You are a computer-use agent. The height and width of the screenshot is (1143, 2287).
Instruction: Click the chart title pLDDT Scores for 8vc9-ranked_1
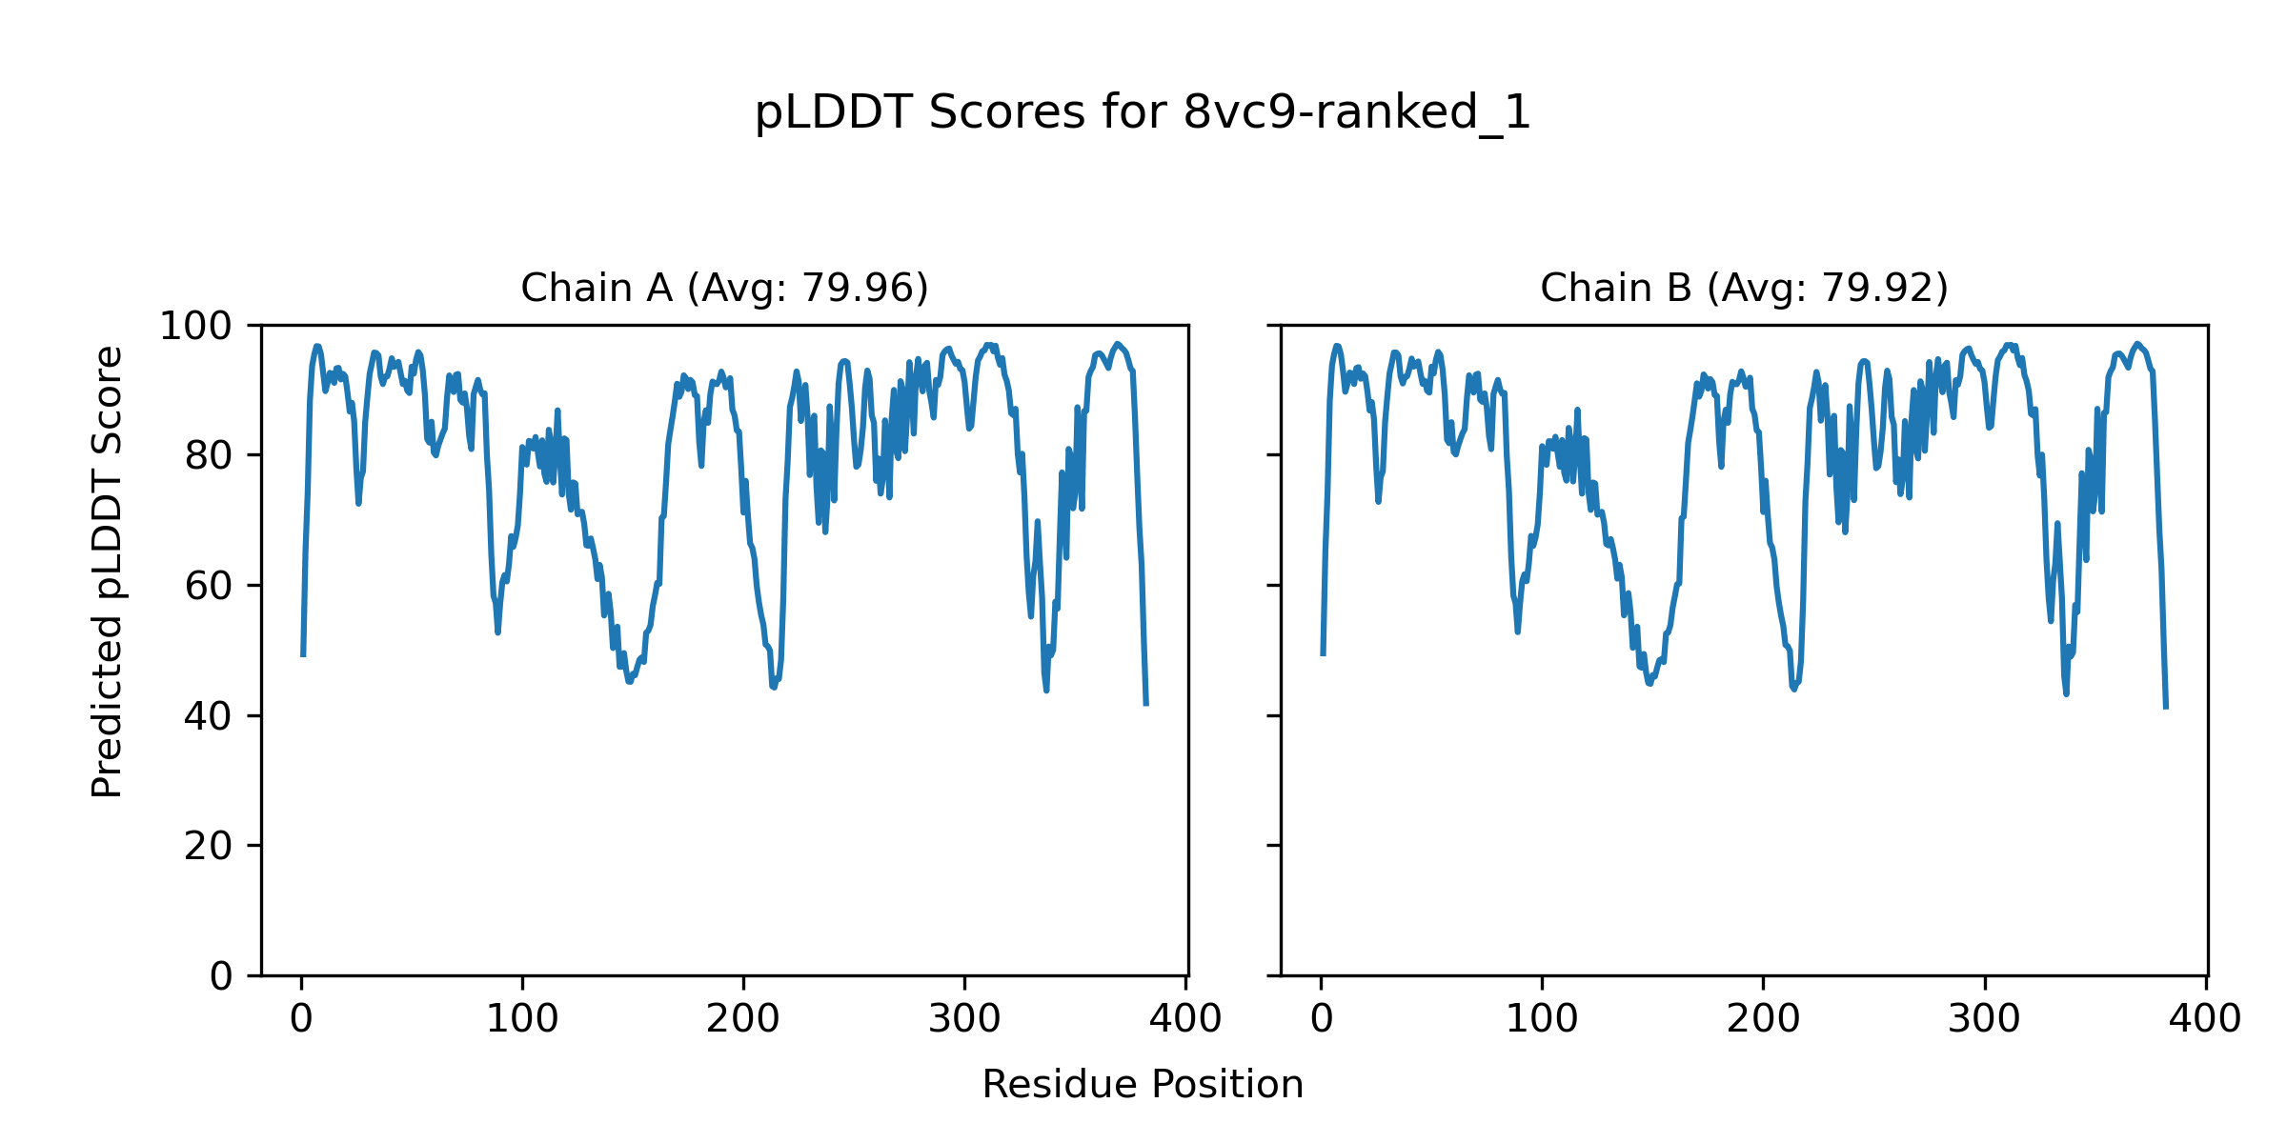tap(1143, 113)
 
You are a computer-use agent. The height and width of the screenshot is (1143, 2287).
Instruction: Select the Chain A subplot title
tap(724, 288)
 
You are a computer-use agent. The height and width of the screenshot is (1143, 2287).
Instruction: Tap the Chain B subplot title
tap(1744, 288)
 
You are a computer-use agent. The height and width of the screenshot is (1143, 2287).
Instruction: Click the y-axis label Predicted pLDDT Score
tap(107, 571)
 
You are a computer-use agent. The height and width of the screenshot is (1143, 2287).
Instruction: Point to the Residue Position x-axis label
tap(1143, 1085)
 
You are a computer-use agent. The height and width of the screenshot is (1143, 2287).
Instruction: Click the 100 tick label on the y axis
tap(195, 327)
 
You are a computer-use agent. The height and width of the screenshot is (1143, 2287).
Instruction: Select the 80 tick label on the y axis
tap(209, 456)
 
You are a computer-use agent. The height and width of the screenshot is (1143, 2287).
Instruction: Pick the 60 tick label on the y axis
tap(209, 587)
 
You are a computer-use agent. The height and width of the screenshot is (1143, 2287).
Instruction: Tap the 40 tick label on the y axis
tap(209, 716)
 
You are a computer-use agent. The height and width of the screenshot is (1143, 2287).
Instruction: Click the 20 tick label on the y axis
tap(209, 847)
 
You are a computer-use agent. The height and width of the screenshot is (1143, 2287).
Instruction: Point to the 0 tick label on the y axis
tap(221, 976)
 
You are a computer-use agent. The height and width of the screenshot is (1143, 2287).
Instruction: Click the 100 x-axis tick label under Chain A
tap(522, 1020)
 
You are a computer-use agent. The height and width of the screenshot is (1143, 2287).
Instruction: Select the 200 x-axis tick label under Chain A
tap(743, 1020)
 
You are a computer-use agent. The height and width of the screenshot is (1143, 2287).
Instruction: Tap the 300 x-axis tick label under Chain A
tap(964, 1020)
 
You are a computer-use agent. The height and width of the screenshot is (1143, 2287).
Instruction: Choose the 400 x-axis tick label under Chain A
tap(1185, 1020)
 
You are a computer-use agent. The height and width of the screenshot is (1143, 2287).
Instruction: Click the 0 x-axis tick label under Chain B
tap(1322, 1020)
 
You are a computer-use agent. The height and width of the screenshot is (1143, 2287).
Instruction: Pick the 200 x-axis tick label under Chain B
tap(1763, 1020)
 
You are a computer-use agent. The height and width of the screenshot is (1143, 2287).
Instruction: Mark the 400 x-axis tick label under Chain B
tap(2205, 1020)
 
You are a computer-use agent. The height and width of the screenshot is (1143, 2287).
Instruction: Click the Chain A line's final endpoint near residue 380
tap(1146, 705)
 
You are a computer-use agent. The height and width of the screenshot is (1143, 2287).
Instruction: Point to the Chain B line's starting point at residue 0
tap(1323, 654)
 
